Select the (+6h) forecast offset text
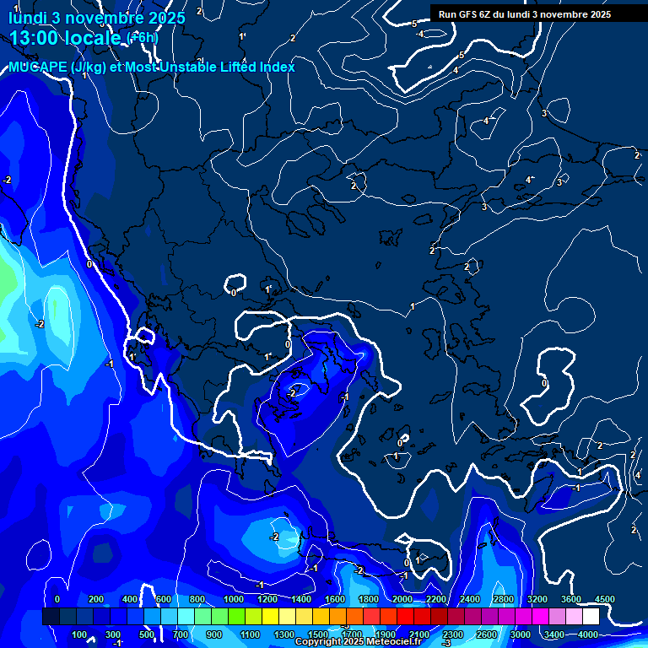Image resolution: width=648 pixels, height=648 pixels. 142,38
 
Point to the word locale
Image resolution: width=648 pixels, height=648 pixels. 93,38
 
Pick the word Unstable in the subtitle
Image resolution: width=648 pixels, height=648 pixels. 199,67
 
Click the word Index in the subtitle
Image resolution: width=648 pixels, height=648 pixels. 278,67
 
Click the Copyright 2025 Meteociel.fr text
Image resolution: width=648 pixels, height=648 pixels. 359,642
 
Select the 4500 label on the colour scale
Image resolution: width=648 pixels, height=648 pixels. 605,599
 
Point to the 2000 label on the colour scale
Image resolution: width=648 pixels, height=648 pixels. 402,599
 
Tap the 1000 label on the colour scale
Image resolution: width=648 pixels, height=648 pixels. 234,599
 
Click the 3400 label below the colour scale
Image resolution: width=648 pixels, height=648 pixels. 554,634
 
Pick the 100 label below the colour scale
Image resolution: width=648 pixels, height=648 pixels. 79,634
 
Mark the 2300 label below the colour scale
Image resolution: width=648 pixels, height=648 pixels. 453,634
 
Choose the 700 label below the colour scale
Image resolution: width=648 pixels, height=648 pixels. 181,634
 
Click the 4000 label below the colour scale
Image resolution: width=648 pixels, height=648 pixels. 588,634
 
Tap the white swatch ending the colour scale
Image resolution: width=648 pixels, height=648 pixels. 614,617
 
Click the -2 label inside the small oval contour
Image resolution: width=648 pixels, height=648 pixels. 291,392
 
